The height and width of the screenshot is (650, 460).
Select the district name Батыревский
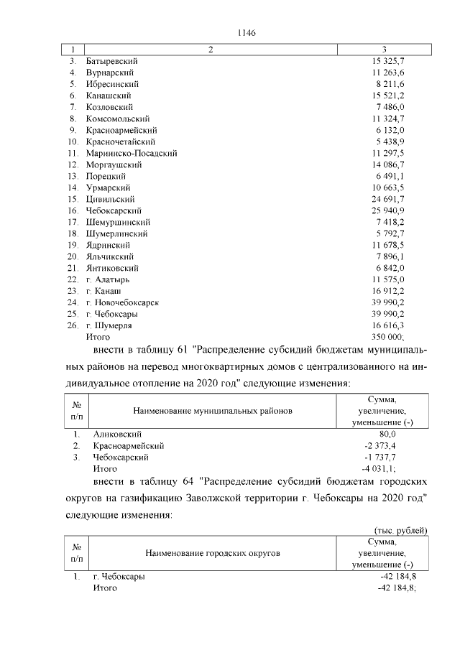pos(111,61)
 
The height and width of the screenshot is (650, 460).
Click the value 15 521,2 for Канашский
pos(388,96)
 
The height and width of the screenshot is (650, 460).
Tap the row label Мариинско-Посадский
pos(131,153)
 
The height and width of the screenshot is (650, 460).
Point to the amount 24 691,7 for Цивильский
pos(387,199)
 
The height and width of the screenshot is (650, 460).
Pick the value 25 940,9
pos(387,210)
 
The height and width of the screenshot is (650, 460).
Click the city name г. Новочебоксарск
pos(122,302)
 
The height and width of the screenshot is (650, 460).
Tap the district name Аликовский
pos(118,435)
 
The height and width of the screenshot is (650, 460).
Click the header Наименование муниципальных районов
pos(213,412)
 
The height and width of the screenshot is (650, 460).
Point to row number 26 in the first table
pos(73,325)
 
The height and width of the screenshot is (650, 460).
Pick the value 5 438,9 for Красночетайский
pos(390,141)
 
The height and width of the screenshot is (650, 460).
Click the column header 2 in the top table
pos(210,50)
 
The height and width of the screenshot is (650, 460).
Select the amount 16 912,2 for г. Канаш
pos(388,291)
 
